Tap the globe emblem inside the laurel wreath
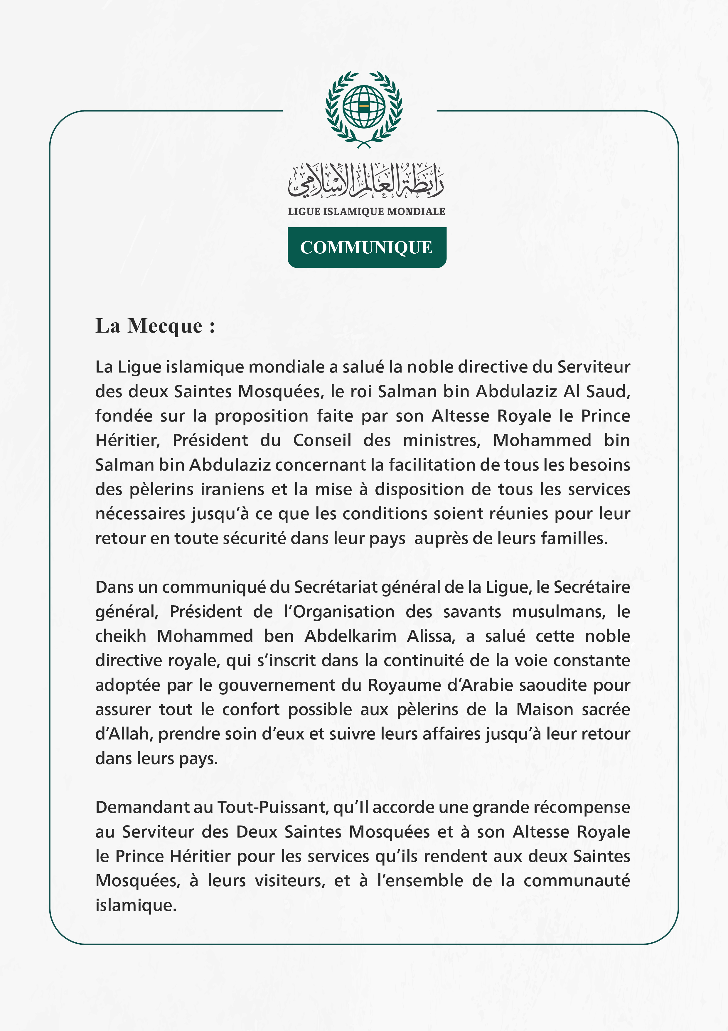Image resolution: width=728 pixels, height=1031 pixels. tap(364, 107)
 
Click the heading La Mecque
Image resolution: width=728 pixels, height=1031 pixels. tap(155, 326)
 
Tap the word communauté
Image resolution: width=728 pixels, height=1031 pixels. tap(577, 881)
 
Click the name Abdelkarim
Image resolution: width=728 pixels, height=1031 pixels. tap(350, 636)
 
